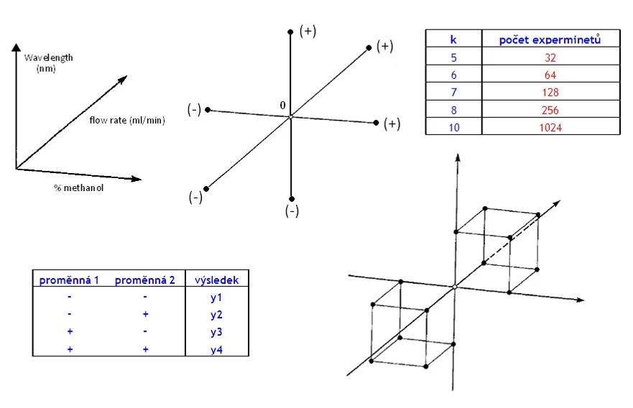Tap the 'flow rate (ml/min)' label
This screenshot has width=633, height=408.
click(127, 120)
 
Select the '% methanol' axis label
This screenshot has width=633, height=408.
click(79, 188)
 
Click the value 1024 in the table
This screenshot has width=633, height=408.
click(550, 127)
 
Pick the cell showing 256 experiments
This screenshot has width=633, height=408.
click(550, 110)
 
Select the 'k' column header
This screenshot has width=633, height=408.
click(453, 40)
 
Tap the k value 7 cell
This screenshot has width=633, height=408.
click(453, 93)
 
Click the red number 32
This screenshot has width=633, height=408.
click(550, 58)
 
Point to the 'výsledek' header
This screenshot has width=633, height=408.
click(217, 279)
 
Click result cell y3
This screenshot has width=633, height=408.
click(217, 332)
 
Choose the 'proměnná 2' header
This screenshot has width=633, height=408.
click(145, 279)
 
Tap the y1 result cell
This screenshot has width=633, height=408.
click(217, 297)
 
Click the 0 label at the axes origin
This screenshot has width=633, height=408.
click(283, 106)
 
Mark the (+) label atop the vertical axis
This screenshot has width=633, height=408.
click(308, 31)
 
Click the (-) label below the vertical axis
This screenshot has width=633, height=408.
click(291, 211)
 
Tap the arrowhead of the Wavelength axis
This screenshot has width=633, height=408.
click(16, 47)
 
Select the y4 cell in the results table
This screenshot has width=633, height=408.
click(217, 349)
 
